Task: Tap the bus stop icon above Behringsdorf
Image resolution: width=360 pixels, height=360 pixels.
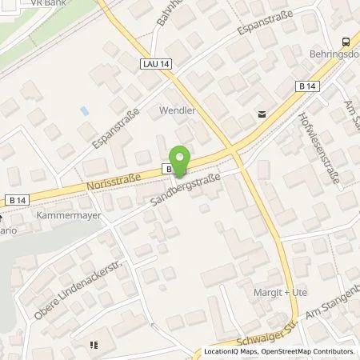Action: (346, 42)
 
